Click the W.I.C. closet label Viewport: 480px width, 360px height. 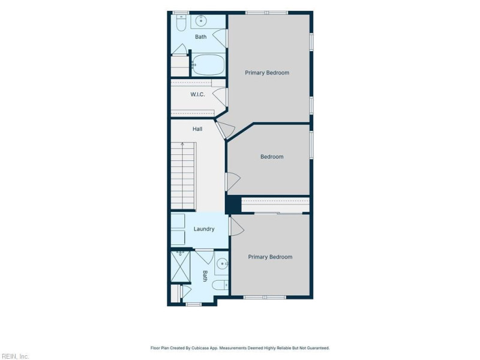pos(197,95)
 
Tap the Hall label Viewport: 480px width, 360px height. pos(197,129)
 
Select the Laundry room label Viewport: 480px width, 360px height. pos(204,229)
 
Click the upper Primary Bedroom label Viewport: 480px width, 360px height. pos(267,73)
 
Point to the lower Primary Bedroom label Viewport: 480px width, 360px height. pos(270,257)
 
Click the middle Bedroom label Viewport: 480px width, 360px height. pos(272,157)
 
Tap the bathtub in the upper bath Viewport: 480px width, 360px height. pos(208,64)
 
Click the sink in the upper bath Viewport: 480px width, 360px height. pos(201,21)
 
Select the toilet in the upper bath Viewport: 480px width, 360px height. pos(181,23)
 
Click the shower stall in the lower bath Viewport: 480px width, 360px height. pos(181,266)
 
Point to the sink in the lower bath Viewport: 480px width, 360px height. pos(222,263)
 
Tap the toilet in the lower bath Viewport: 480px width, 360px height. pos(220,285)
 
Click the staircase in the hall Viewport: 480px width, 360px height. pos(183,176)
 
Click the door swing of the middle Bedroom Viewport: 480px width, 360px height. pos(233,182)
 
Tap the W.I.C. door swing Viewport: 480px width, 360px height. pos(220,97)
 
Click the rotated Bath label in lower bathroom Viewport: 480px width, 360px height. pos(205,276)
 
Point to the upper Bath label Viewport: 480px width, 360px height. pos(201,37)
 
